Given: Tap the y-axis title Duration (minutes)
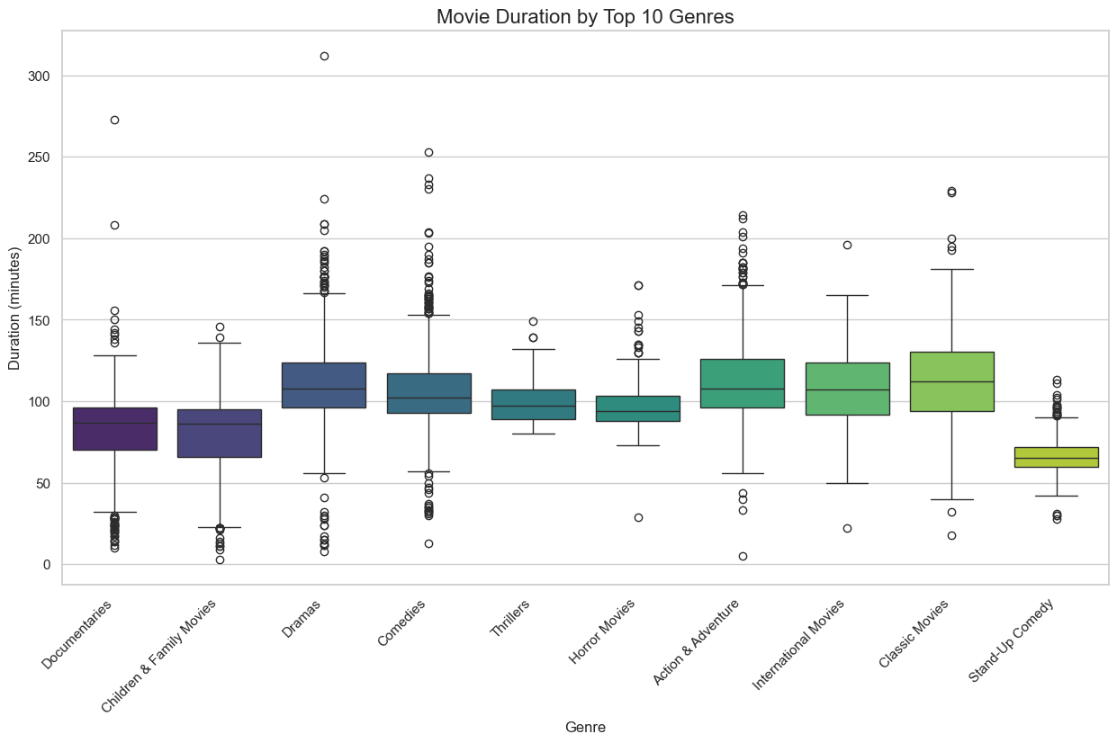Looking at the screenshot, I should (14, 308).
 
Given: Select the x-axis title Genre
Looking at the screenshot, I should (585, 728).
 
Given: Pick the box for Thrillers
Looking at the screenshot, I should (533, 405).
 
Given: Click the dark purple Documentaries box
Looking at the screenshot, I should (114, 429).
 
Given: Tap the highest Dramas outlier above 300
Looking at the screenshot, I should (324, 56).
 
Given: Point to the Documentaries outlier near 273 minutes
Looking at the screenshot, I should (114, 120).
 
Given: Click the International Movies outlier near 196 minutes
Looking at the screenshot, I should (847, 245).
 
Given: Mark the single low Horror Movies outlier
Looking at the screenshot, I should (638, 517).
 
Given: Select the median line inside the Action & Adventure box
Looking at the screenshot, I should (743, 389).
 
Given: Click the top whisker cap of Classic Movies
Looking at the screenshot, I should (951, 269).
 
